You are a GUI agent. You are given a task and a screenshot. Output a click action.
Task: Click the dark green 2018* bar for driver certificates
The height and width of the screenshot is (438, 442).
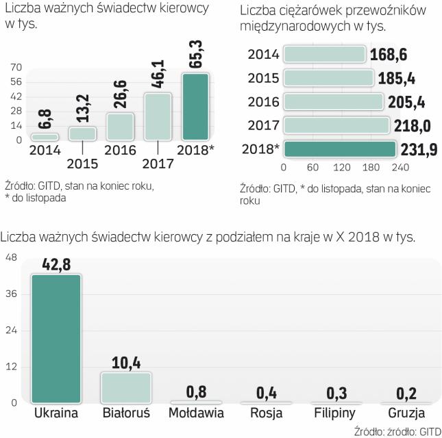point(194,106)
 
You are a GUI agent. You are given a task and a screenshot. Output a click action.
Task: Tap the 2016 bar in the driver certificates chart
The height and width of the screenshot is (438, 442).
point(119,126)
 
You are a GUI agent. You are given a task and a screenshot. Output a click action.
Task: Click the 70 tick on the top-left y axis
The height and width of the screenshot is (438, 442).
point(16,67)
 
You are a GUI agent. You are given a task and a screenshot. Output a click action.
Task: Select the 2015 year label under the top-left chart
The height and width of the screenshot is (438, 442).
point(82,164)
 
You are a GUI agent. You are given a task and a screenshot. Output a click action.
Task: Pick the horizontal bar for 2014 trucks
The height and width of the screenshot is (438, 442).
point(324,54)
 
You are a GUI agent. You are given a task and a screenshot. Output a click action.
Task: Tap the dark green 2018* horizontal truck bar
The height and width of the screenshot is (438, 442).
point(339,149)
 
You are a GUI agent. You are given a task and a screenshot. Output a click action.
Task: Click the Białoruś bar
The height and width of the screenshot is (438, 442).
point(126,387)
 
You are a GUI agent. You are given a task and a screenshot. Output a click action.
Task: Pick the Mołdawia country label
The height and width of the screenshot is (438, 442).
point(196,414)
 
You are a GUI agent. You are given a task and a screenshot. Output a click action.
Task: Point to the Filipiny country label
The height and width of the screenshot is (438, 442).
point(335,414)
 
